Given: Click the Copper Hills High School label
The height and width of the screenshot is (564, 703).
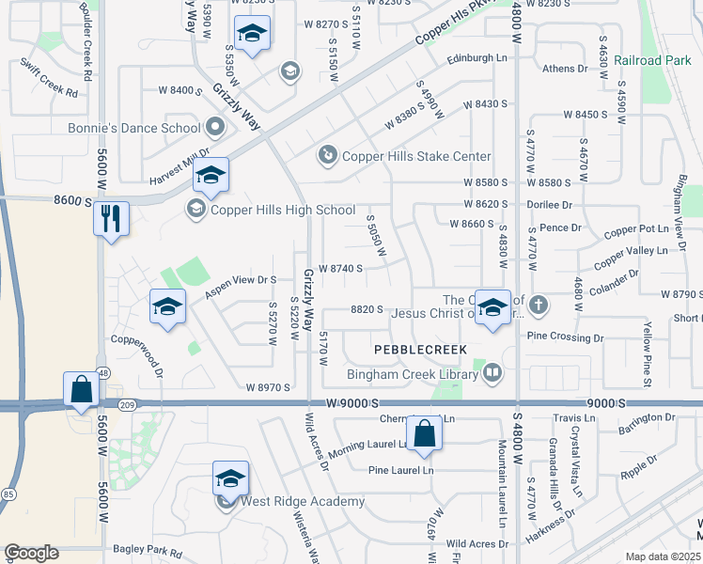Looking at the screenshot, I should tap(283, 210).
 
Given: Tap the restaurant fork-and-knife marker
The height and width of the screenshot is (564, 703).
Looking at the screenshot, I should tap(111, 219).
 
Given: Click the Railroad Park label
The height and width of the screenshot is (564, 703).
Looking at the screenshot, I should tap(652, 60).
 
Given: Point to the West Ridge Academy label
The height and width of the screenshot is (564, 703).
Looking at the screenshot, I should tap(303, 501).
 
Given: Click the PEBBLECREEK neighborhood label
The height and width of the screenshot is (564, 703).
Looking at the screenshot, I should tap(420, 349).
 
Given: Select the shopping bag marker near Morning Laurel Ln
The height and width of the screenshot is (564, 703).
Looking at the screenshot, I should tap(425, 433).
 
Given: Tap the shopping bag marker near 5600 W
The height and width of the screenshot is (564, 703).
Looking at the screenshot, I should tap(82, 389).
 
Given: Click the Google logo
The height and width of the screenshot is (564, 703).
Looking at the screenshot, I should tap(32, 552).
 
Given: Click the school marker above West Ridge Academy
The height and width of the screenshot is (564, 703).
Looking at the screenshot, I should tap(230, 478).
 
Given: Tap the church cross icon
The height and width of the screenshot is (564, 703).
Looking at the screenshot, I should tap(538, 305).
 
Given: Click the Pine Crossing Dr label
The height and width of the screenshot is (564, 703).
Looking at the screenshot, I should tap(564, 337).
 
